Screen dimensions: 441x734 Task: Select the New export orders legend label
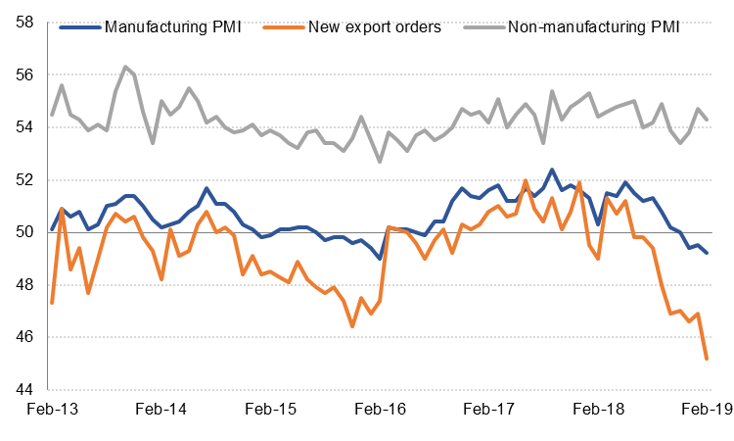376,24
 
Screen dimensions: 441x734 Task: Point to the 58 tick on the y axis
23,22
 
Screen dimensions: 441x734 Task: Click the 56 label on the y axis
23,74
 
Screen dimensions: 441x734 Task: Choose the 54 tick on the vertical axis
23,126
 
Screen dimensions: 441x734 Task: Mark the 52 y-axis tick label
23,179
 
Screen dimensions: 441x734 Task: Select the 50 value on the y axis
23,232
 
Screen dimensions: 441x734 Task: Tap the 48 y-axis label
23,284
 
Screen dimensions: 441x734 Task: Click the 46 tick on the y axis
23,337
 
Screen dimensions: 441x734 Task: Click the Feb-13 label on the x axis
52,412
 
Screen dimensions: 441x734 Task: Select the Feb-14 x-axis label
161,412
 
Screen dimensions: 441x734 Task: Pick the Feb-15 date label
270,412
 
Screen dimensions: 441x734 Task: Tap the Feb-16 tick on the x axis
380,412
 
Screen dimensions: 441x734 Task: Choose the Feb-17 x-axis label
488,412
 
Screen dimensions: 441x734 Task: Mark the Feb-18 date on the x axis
598,412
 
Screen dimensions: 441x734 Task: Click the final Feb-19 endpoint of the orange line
707,359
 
